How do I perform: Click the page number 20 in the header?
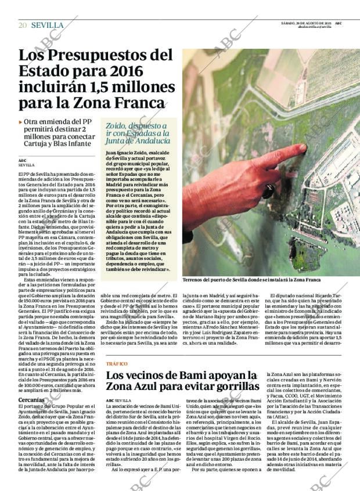(23, 25)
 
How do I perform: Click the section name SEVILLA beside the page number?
(47, 25)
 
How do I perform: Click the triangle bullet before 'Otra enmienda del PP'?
(21, 122)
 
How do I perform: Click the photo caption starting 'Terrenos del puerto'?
(251, 280)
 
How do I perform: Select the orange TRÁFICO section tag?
(117, 363)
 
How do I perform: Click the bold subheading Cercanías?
(30, 400)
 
